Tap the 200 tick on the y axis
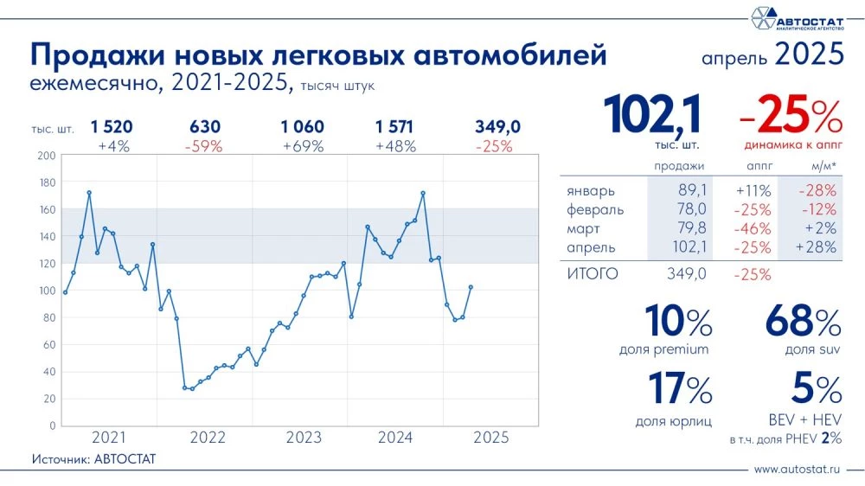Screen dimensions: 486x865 [x=47, y=156]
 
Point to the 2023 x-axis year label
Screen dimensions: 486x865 [x=301, y=438]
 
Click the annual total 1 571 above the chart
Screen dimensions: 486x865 [x=395, y=127]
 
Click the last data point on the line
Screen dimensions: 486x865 [x=471, y=287]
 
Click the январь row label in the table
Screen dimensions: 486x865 [x=592, y=190]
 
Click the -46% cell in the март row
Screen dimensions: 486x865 [x=752, y=228]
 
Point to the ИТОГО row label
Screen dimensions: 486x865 [x=593, y=274]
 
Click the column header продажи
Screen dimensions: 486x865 [x=679, y=165]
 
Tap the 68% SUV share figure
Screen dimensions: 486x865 [x=803, y=323]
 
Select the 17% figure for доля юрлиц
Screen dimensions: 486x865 [x=680, y=388]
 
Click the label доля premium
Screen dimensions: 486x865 [x=664, y=349]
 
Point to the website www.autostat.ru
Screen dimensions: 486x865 [x=798, y=469]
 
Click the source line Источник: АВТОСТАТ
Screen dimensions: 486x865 [x=93, y=458]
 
